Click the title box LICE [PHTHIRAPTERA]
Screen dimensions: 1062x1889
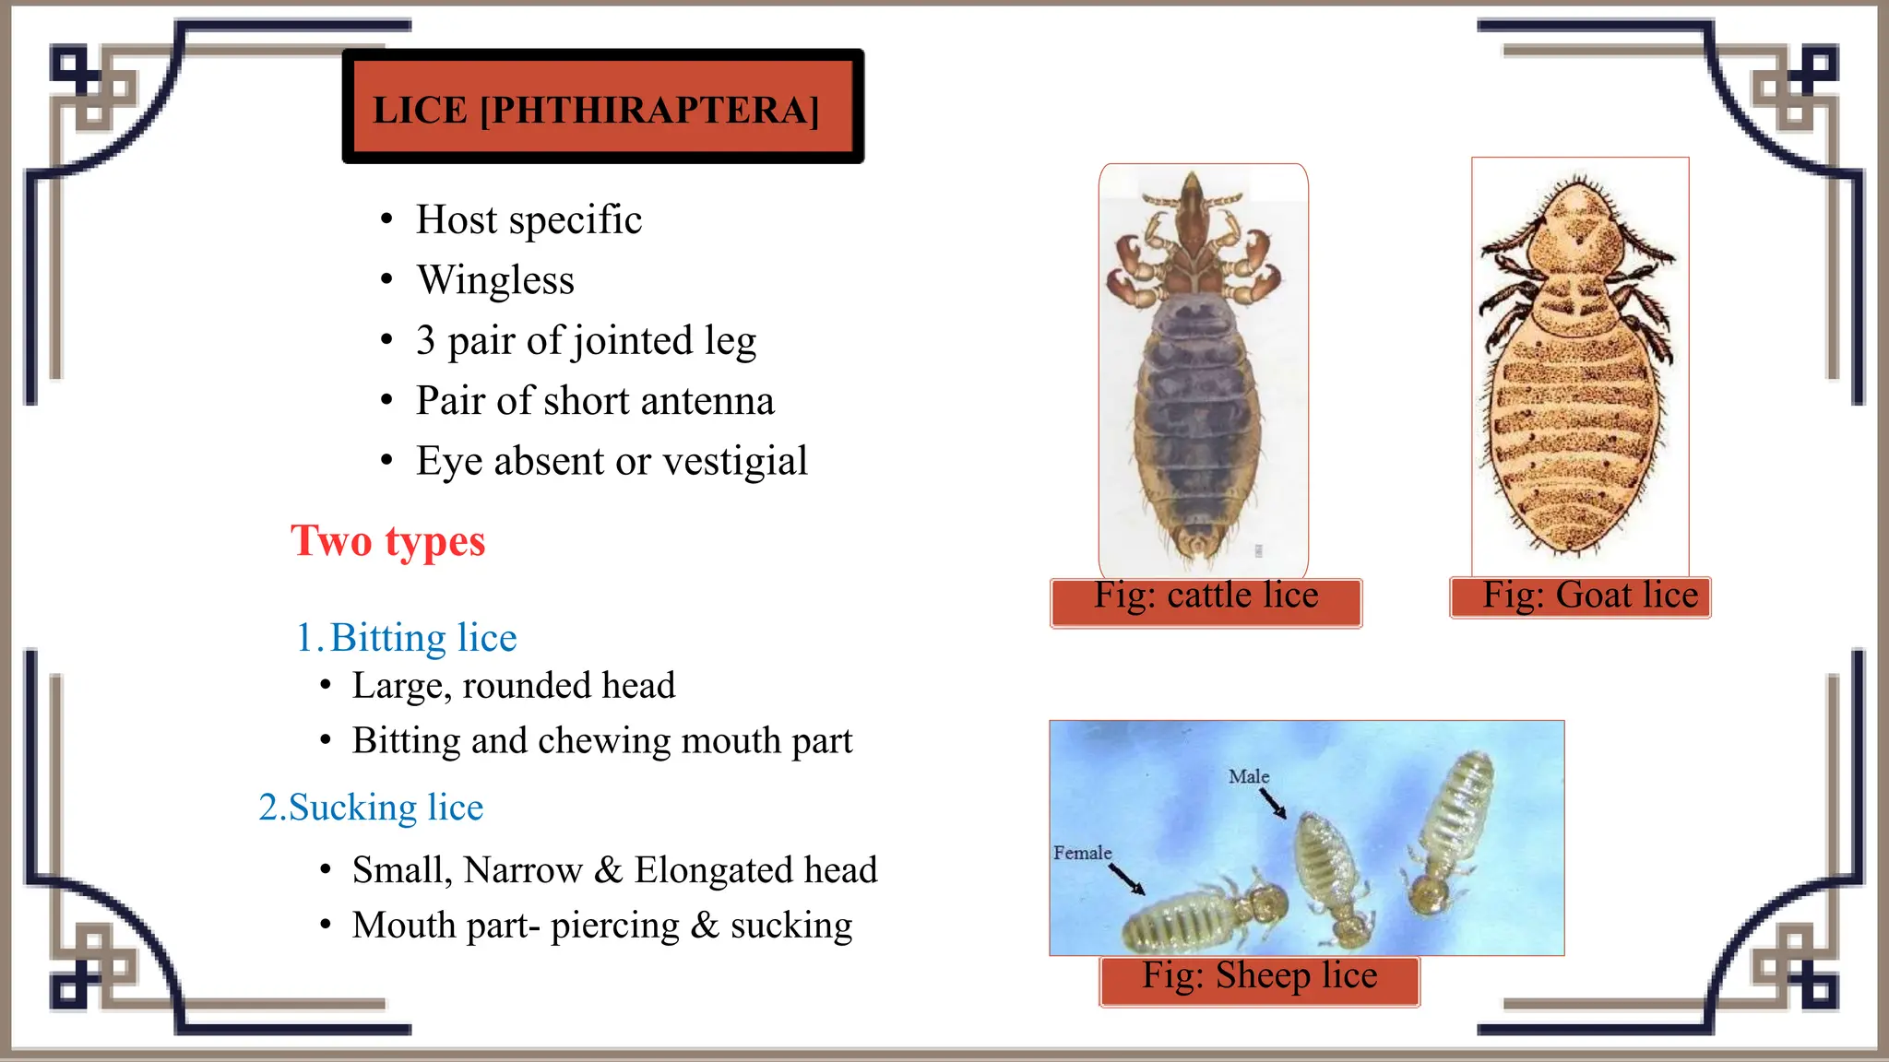click(x=602, y=108)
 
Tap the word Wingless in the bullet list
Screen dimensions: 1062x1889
click(x=495, y=280)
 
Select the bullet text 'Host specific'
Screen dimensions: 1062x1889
click(x=529, y=220)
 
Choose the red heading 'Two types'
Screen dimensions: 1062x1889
click(x=387, y=541)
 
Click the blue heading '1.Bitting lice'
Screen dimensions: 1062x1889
click(x=406, y=638)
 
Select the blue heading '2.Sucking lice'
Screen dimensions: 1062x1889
click(x=371, y=808)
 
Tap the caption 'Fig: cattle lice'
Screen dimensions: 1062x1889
click(x=1206, y=596)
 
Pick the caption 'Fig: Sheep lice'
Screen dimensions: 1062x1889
click(x=1259, y=976)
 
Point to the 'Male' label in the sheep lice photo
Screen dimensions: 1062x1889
click(x=1249, y=777)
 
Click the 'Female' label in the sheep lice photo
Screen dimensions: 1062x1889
click(x=1082, y=853)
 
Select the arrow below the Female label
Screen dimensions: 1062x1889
click(x=1127, y=879)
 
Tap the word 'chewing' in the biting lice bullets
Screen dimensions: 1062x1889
click(x=605, y=741)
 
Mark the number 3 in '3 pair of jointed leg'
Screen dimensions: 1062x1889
click(x=425, y=340)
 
